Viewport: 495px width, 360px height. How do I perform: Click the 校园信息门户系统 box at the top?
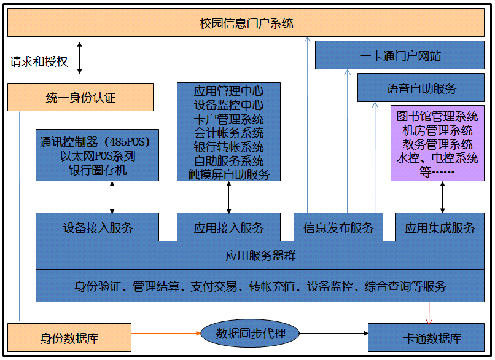pos(246,24)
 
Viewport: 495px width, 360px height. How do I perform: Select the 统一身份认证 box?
pos(80,97)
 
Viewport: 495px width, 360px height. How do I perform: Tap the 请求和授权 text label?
pos(39,62)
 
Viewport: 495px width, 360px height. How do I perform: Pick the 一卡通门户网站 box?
pos(400,56)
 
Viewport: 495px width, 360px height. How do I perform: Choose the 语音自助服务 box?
pos(421,88)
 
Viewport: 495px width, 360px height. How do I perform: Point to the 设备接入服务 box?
pos(97,227)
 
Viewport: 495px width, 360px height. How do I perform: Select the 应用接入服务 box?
pos(228,227)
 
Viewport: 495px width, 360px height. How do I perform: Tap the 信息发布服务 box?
pos(338,227)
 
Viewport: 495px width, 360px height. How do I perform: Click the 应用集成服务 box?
pos(439,227)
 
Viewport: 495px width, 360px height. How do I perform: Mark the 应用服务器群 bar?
pos(260,256)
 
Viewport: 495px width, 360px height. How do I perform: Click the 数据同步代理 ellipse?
pos(251,334)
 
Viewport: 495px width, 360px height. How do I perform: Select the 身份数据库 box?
pos(69,338)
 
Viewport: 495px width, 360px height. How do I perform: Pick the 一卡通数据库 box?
pos(426,338)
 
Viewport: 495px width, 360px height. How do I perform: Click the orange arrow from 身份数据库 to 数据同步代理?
pos(166,334)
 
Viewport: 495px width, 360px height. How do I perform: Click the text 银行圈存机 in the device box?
pos(98,170)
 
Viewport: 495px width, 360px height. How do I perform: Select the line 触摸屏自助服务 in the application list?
pos(228,174)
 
